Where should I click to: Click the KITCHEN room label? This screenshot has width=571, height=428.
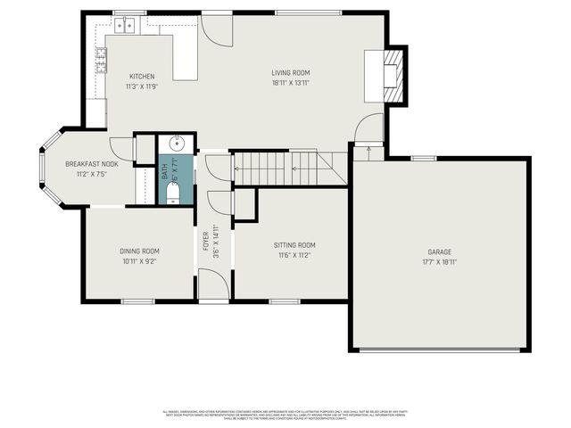click(142, 77)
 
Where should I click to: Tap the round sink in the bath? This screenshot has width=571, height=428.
click(177, 143)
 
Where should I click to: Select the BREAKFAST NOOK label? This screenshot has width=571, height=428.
click(92, 164)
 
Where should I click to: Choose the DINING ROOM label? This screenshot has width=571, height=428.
click(139, 251)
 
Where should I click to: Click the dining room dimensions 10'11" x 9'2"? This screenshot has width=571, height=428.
click(139, 261)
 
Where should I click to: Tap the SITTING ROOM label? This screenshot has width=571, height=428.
click(294, 245)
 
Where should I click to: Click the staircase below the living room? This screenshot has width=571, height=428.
click(285, 168)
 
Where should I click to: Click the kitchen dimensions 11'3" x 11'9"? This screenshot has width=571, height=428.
click(142, 86)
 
